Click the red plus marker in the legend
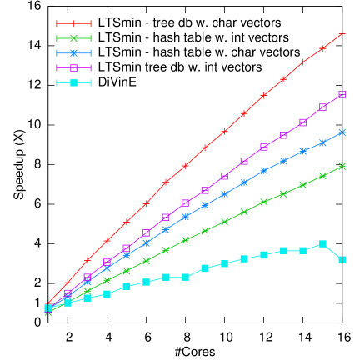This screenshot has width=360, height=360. click(x=73, y=23)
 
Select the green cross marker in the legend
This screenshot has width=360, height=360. click(x=73, y=38)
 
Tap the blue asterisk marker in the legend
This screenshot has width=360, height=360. click(x=73, y=53)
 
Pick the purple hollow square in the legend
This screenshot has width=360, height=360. click(x=73, y=67)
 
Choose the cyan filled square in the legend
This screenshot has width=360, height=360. click(x=73, y=82)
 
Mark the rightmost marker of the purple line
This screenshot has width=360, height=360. click(x=342, y=94)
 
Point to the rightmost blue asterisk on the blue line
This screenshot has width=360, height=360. click(x=342, y=132)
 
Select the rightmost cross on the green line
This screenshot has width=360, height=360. click(x=342, y=166)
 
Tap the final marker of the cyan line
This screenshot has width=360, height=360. click(x=342, y=260)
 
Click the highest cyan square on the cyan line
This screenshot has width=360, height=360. click(x=322, y=243)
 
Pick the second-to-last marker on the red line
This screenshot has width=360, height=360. click(x=322, y=48)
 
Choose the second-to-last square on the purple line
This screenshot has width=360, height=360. click(x=322, y=107)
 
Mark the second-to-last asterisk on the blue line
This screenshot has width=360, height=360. click(x=322, y=142)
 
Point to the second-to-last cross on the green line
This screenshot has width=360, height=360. click(x=322, y=176)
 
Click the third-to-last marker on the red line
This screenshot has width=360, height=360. click(x=302, y=62)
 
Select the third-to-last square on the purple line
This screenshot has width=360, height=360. click(x=302, y=122)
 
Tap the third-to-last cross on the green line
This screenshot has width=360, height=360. click(x=302, y=185)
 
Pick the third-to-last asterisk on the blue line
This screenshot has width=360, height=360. click(x=302, y=151)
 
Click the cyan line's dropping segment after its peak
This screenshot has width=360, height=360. click(x=332, y=252)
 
